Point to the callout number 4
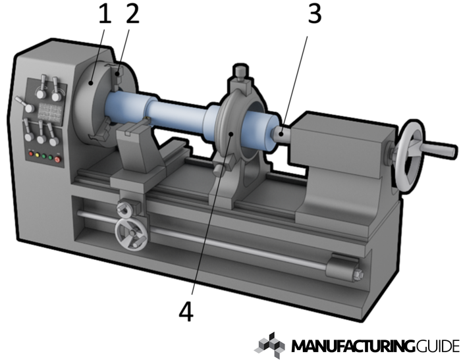(186, 312)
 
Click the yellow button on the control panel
(38, 155)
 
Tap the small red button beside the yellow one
(30, 153)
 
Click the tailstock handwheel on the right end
(410, 156)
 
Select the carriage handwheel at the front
(131, 235)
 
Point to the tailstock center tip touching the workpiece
(278, 134)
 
